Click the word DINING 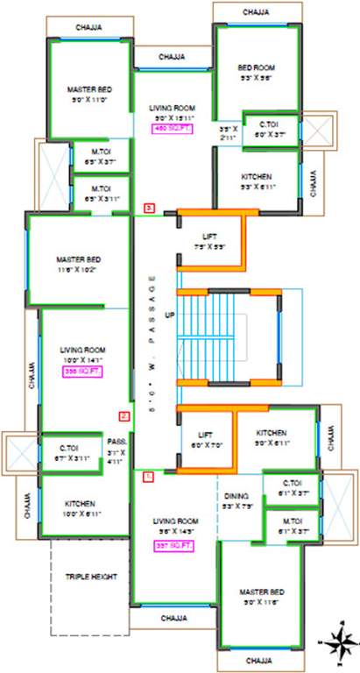tap(237, 495)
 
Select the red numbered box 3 tap(150, 209)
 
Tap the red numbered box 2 tap(124, 416)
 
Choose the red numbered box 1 tap(147, 478)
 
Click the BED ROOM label tap(257, 67)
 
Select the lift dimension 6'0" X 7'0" tap(206, 445)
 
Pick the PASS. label tap(117, 442)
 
